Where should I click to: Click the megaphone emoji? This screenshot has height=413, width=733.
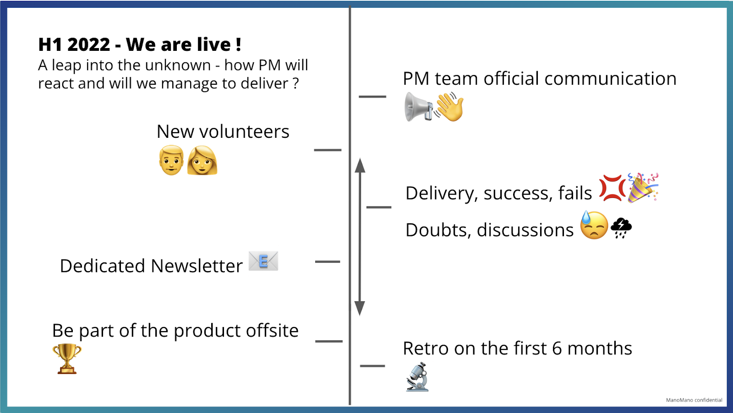point(418,107)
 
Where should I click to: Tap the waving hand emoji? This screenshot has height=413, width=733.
point(450,106)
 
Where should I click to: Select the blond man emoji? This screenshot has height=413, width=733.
point(171,160)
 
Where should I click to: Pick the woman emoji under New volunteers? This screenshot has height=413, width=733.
point(202,160)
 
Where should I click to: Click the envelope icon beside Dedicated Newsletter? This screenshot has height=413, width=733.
point(263,261)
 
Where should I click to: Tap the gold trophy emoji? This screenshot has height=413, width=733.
point(67,359)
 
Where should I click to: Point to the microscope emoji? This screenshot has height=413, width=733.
point(417,377)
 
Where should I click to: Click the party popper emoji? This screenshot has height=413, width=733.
point(642,187)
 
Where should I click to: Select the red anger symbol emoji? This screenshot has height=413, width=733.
point(612,188)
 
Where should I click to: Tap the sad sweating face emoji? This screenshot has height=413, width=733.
point(594,225)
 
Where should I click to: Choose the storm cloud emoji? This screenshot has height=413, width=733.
point(621,228)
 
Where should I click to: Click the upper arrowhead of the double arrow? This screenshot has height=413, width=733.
point(360,166)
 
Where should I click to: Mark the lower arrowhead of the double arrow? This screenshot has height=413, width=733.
point(360,308)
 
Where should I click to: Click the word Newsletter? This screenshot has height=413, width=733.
point(197,266)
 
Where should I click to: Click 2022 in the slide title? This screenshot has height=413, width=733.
point(88,45)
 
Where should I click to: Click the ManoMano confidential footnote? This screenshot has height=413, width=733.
point(694,400)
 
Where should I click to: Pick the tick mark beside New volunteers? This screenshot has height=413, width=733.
point(328,150)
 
